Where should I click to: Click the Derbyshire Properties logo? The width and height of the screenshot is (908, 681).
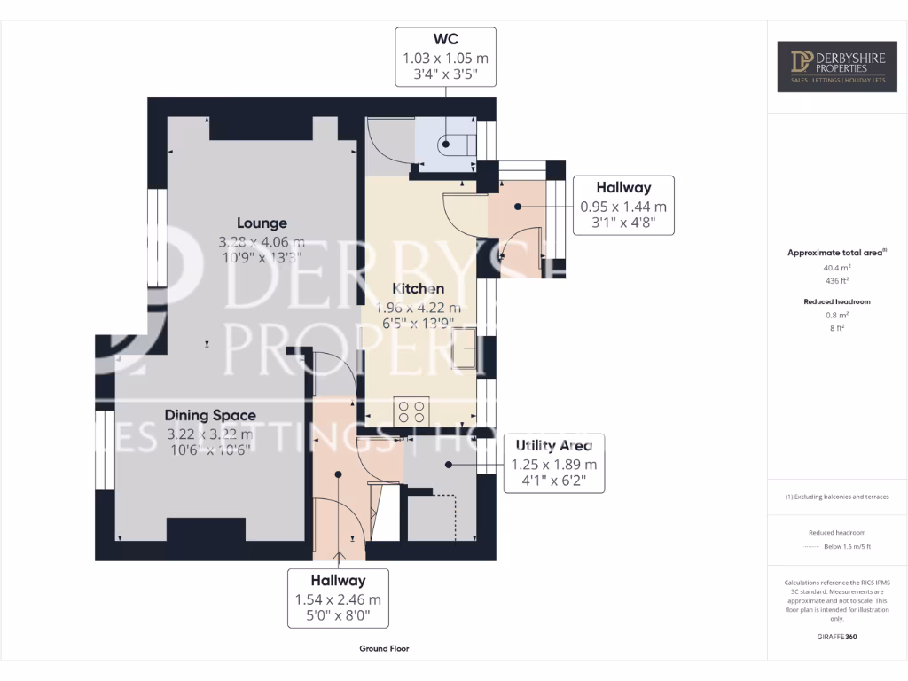[x=837, y=67]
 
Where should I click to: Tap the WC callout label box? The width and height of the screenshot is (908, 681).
[x=445, y=57]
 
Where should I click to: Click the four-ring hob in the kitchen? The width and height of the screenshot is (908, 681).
[x=411, y=411]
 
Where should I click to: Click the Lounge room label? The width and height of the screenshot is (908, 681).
[x=261, y=223]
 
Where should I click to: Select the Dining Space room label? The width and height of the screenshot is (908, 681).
[x=210, y=415]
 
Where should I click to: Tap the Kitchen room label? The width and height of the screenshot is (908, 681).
[x=419, y=289]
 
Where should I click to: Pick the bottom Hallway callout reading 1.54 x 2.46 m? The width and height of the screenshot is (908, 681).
[x=338, y=599]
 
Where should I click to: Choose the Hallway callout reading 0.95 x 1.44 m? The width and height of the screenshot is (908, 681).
[x=622, y=205]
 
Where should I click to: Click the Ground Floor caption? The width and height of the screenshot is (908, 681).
[x=384, y=648]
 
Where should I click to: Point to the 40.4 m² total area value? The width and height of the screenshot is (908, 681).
[x=838, y=267]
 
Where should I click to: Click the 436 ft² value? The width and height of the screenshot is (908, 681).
[x=838, y=280]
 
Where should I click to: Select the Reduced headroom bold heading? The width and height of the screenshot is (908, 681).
[x=838, y=301]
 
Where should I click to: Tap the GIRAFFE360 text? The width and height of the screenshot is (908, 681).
[x=838, y=636]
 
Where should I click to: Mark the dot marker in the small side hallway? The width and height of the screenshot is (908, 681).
[x=517, y=206]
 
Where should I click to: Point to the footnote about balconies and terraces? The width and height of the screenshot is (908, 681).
[x=838, y=497]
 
